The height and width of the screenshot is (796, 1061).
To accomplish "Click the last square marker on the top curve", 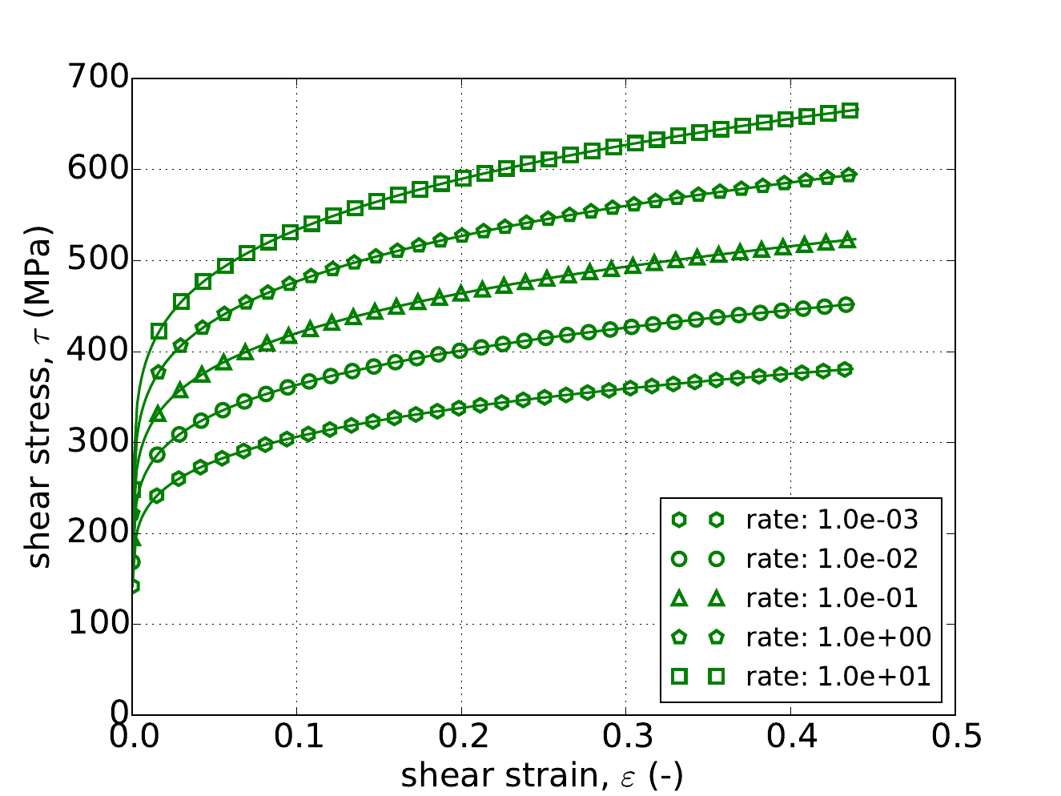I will [850, 111].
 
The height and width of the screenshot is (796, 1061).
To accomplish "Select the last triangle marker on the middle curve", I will [849, 239].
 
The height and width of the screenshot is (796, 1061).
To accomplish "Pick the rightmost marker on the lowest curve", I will [846, 369].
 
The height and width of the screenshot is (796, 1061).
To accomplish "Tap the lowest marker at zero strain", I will [133, 586].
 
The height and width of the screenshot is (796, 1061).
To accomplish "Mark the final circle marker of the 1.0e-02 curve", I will [846, 304].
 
